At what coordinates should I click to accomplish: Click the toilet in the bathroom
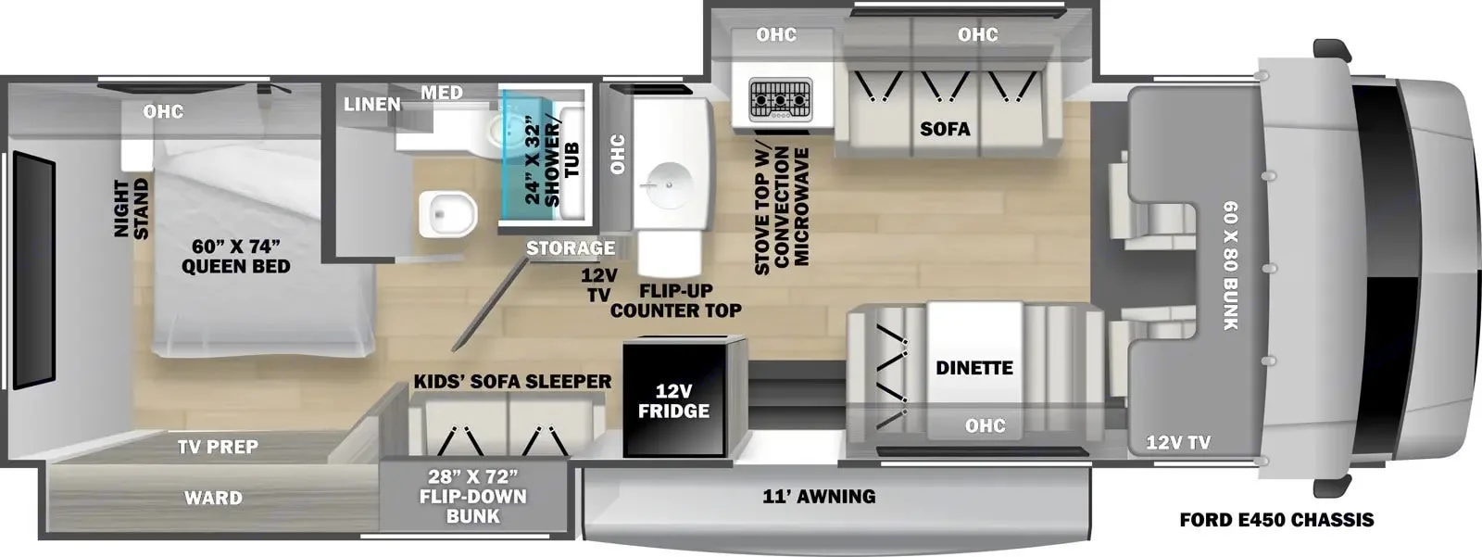point(447,213)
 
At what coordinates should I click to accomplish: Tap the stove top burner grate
point(780,97)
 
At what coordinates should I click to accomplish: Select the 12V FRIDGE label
point(673,400)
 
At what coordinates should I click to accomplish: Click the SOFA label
point(945,129)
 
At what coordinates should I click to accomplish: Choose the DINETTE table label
point(973,368)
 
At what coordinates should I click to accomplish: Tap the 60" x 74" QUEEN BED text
point(235,256)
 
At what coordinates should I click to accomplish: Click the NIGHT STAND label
point(132,209)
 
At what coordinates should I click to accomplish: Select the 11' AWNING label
point(819,496)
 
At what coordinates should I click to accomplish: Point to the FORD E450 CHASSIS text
point(1276,520)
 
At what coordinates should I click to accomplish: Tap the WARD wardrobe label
point(213,498)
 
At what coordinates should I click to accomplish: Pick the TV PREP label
point(218,447)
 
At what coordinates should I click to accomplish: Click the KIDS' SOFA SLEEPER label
point(512,381)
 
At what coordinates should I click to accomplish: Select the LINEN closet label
point(371,104)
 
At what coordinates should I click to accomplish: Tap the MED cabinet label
point(441,93)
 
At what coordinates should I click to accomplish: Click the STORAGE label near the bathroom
point(571,247)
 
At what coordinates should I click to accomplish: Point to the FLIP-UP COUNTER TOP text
point(675,300)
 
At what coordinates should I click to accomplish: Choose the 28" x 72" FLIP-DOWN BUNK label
point(472,497)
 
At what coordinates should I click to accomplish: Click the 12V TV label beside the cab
point(1178,442)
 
